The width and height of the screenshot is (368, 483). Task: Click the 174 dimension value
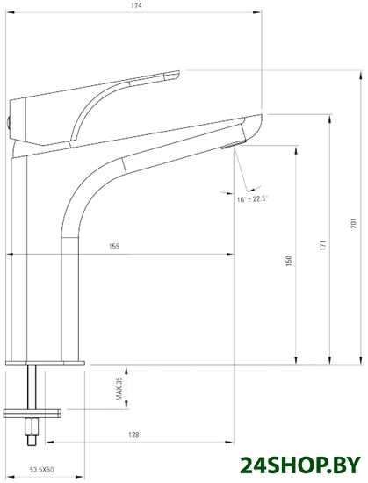pyautogui.click(x=136, y=5)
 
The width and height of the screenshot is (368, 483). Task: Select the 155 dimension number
pyautogui.click(x=114, y=247)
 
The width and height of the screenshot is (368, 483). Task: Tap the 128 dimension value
pyautogui.click(x=133, y=435)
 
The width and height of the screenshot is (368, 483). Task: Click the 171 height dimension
pyautogui.click(x=322, y=245)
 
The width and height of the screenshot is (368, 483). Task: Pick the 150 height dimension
pyautogui.click(x=289, y=261)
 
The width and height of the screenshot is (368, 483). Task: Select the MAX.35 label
pyautogui.click(x=119, y=389)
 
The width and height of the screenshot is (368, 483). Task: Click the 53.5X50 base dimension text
pyautogui.click(x=41, y=470)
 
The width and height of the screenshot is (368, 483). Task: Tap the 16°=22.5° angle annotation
pyautogui.click(x=253, y=198)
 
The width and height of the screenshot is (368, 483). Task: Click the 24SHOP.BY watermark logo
pyautogui.click(x=300, y=465)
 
